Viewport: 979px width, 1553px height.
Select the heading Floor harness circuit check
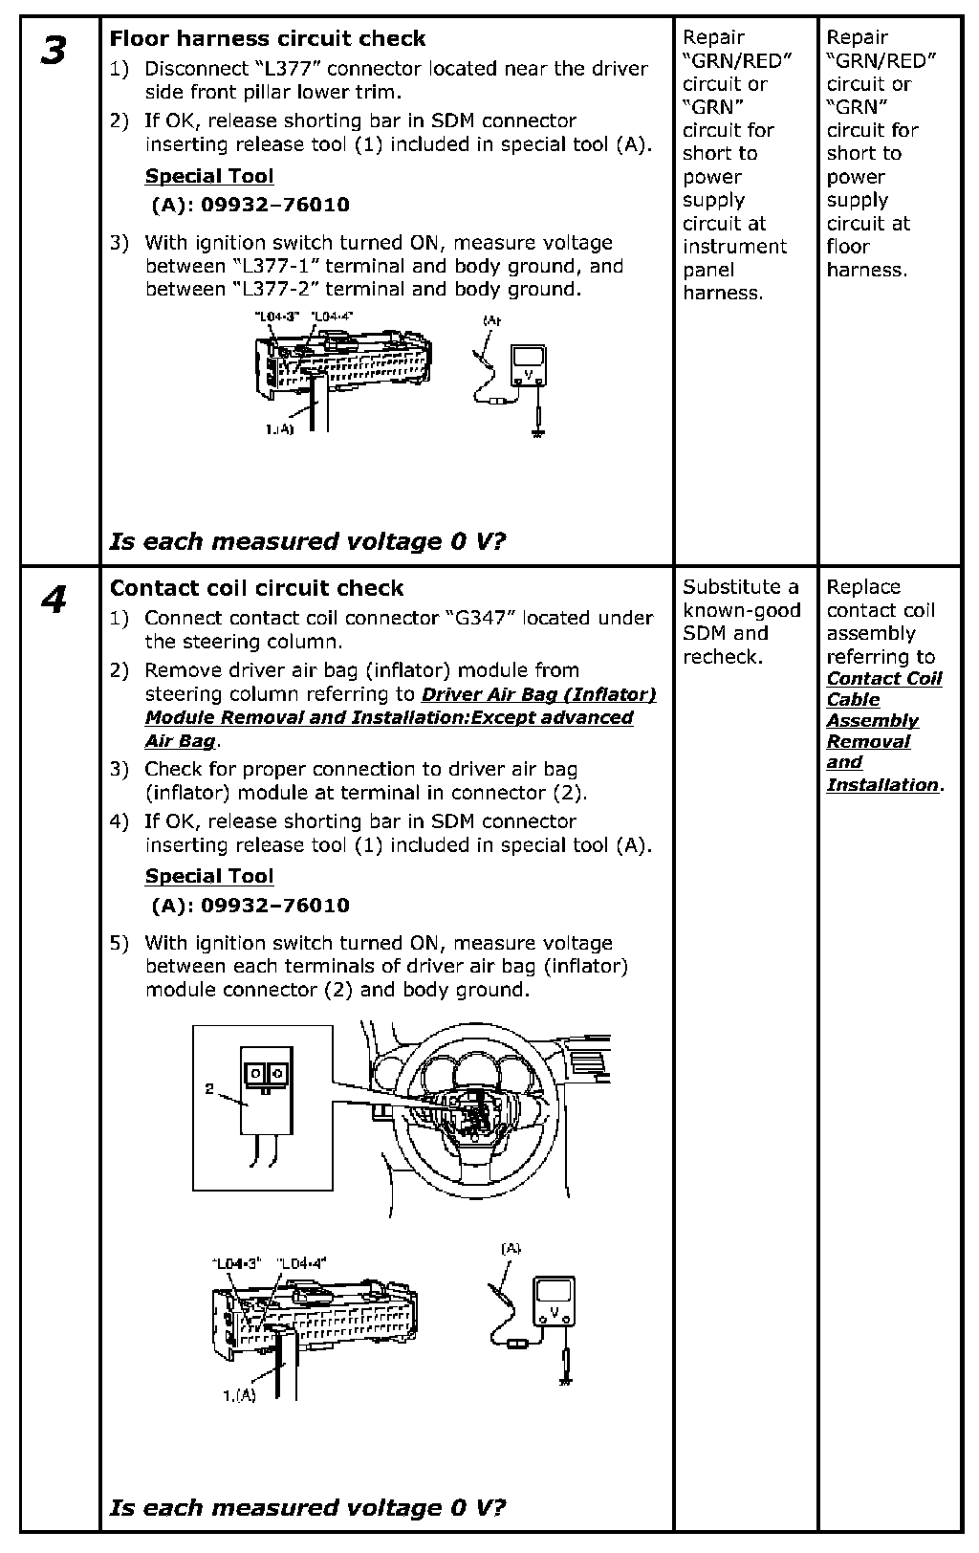click(268, 39)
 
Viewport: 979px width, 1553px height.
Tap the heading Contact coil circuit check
click(256, 588)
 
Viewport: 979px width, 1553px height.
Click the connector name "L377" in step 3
click(287, 69)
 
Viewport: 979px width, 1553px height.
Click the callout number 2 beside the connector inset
click(208, 1088)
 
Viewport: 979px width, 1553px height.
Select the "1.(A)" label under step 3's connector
click(280, 429)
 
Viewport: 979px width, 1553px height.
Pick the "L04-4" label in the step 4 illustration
click(301, 1262)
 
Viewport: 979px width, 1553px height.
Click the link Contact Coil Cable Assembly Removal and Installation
click(883, 732)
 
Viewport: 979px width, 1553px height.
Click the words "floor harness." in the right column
click(866, 258)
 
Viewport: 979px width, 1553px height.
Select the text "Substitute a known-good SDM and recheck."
click(741, 622)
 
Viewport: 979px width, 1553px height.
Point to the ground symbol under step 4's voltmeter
click(565, 1379)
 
